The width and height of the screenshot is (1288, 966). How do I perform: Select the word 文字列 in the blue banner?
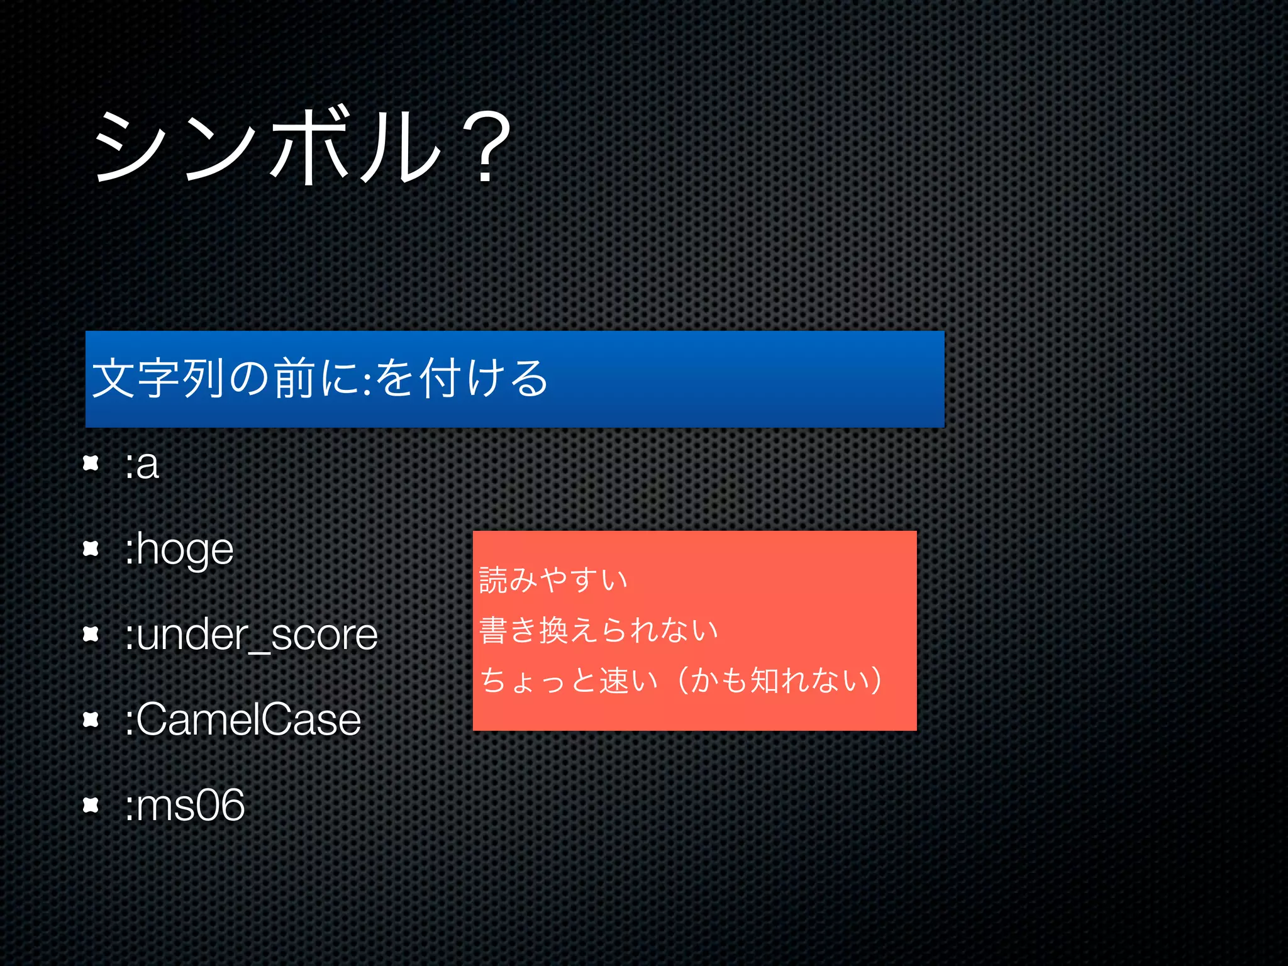coord(158,378)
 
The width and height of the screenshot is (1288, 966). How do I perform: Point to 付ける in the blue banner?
coord(484,378)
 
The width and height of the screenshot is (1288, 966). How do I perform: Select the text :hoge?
coord(179,550)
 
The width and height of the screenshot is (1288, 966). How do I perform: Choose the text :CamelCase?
coord(242,719)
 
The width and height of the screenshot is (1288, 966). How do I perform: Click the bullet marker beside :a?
coord(91,464)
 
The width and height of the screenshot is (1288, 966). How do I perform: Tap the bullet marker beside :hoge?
coord(91,549)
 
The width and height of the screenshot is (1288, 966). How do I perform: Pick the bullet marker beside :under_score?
coord(91,634)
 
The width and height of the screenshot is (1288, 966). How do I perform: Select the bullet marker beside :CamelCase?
coord(91,719)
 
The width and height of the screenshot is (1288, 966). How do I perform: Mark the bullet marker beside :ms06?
coord(91,804)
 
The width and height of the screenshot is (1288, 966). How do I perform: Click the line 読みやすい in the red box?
coord(553,579)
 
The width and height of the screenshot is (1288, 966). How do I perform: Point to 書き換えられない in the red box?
coord(598,630)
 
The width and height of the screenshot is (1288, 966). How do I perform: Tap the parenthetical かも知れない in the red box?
coord(780,680)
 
